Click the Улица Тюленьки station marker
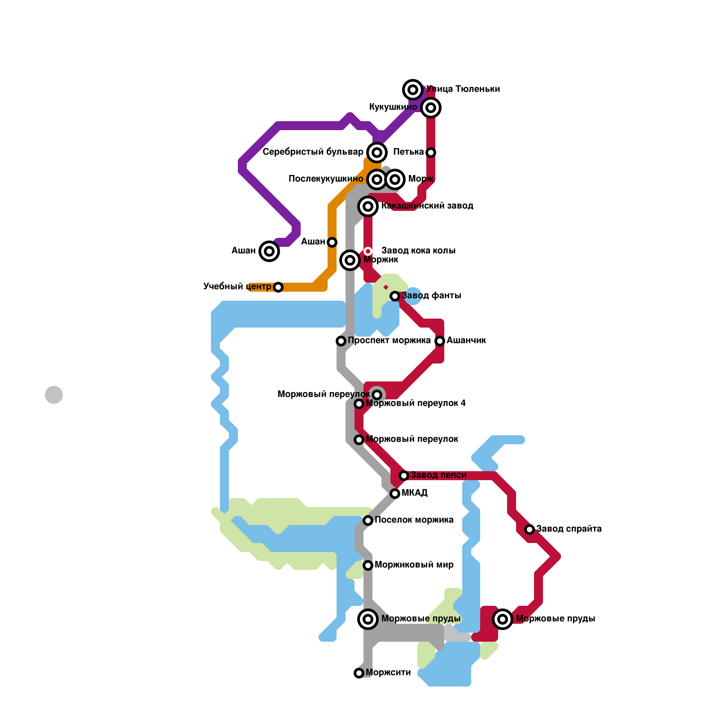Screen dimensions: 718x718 pyautogui.click(x=413, y=90)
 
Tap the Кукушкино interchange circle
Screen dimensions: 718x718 pyautogui.click(x=431, y=108)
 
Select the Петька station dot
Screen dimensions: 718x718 pyautogui.click(x=431, y=153)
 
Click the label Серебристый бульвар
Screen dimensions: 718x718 pyautogui.click(x=313, y=152)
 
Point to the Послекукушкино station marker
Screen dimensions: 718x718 pyautogui.click(x=377, y=179)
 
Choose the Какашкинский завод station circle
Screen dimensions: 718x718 pyautogui.click(x=368, y=206)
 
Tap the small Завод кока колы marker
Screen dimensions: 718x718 pyautogui.click(x=368, y=251)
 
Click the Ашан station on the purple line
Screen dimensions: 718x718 pyautogui.click(x=269, y=251)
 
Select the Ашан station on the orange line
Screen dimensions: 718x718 pyautogui.click(x=332, y=242)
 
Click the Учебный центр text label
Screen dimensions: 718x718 pyautogui.click(x=237, y=287)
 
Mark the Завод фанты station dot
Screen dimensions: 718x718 pyautogui.click(x=395, y=296)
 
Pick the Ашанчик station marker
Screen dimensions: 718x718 pyautogui.click(x=440, y=341)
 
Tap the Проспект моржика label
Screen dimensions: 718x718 pyautogui.click(x=389, y=341)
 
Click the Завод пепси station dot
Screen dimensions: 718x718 pyautogui.click(x=404, y=476)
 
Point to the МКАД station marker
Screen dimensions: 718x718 pyautogui.click(x=395, y=494)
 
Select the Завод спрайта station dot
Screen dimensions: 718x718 pyautogui.click(x=530, y=530)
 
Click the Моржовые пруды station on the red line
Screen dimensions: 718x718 pyautogui.click(x=503, y=619)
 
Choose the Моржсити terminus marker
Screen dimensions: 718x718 pyautogui.click(x=359, y=673)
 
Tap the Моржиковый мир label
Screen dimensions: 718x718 pyautogui.click(x=414, y=565)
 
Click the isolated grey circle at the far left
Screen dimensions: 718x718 pyautogui.click(x=54, y=395)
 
